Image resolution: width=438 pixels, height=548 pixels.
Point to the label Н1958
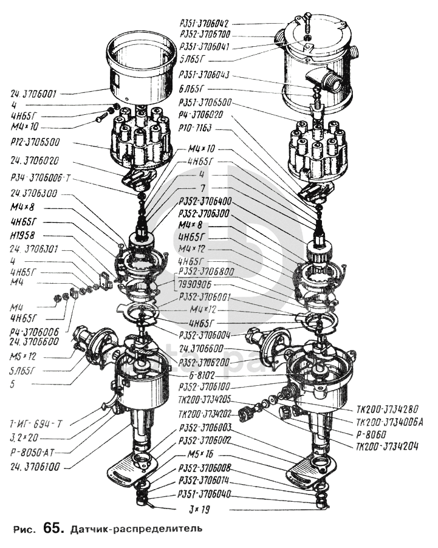pos(23,236)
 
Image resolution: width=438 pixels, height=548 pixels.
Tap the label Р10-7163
pos(195,126)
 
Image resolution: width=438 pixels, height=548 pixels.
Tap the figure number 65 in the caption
pos(52,529)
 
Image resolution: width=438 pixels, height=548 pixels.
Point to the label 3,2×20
pos(25,437)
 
